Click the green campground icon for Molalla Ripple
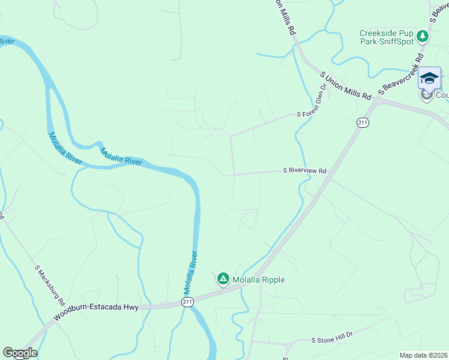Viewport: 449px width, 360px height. click(x=223, y=278)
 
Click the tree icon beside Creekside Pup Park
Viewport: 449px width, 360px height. click(x=423, y=37)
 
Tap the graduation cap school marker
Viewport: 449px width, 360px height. click(x=429, y=79)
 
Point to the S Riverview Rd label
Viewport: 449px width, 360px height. click(x=304, y=171)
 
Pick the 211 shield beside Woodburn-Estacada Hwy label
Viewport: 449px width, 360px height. click(x=187, y=302)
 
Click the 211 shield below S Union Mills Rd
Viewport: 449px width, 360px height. click(x=363, y=122)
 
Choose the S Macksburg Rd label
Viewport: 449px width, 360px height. click(x=49, y=283)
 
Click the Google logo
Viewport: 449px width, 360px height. click(x=20, y=353)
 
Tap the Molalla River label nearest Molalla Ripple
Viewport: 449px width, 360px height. click(x=191, y=270)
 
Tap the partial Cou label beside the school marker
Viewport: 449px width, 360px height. click(x=442, y=95)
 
